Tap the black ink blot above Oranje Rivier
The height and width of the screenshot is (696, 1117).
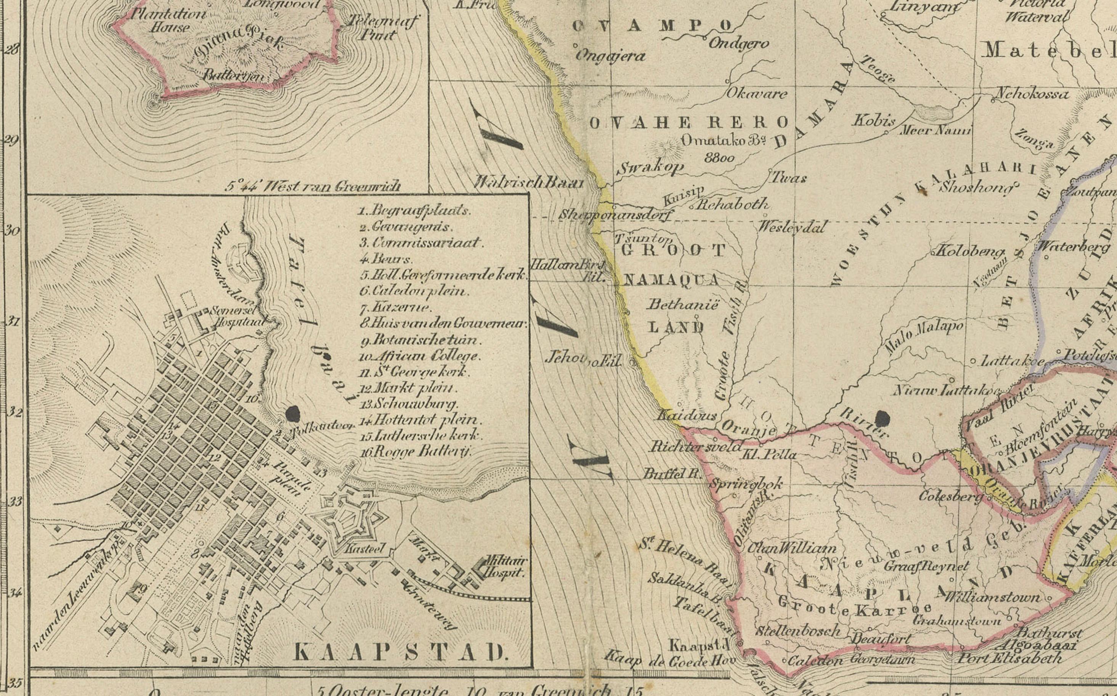point(882,419)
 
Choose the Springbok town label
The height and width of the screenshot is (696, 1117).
point(746,484)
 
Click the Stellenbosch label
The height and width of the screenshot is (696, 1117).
point(798,631)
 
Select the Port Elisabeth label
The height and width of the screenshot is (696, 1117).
point(1010,659)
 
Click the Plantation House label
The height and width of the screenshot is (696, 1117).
point(168,20)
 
